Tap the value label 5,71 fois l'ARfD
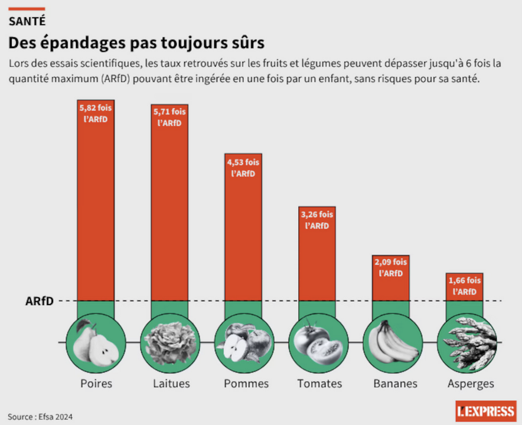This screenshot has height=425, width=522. (169, 117)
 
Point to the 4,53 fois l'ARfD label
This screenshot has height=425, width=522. (243, 168)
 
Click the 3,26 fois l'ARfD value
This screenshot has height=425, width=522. (317, 220)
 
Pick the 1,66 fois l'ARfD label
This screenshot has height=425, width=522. (465, 286)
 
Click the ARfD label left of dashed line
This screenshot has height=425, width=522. (40, 301)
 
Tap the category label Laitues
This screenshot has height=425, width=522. (171, 384)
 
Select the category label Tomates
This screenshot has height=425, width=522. (319, 384)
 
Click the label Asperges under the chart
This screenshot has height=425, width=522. (471, 384)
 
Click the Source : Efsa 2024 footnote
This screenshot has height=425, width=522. (40, 416)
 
